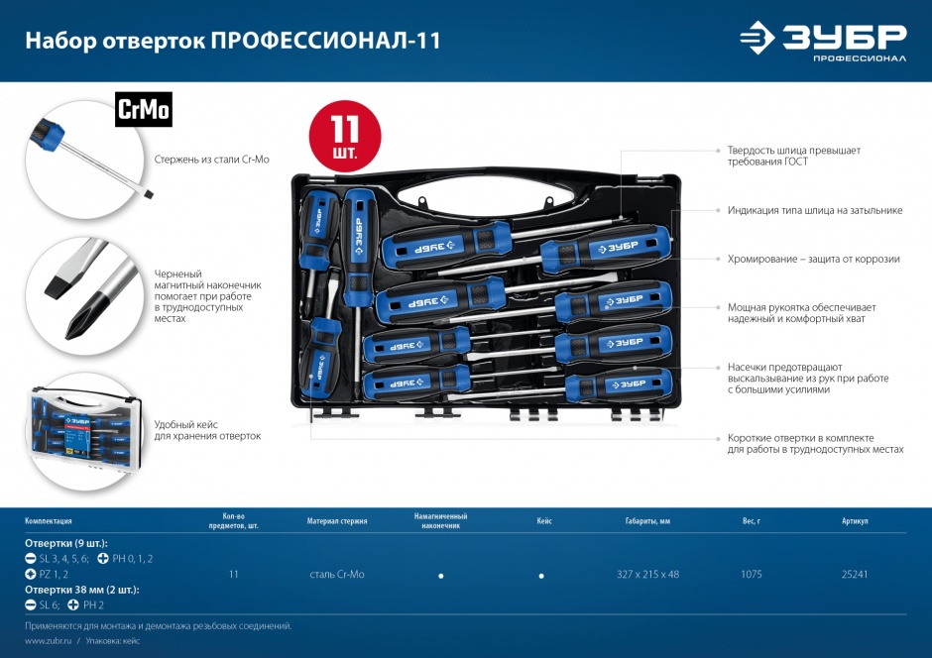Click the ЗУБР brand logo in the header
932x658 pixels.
(x=822, y=40)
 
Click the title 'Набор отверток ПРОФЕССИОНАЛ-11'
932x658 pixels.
(x=233, y=41)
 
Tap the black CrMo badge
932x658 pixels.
(x=144, y=110)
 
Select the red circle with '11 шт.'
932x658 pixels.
(x=344, y=136)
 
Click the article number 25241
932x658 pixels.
(x=854, y=574)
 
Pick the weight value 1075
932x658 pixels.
(x=751, y=574)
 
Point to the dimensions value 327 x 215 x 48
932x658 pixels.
(x=647, y=574)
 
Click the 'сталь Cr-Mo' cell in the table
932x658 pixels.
(x=336, y=574)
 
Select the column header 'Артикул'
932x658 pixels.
(x=854, y=520)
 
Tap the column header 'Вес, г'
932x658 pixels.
(x=751, y=520)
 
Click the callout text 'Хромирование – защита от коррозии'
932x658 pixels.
(x=813, y=259)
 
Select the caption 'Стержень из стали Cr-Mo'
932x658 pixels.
(x=211, y=159)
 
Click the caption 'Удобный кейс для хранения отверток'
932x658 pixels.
(x=207, y=429)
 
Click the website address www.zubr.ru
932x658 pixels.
(x=47, y=641)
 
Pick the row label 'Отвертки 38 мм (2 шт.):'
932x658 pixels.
(x=81, y=590)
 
